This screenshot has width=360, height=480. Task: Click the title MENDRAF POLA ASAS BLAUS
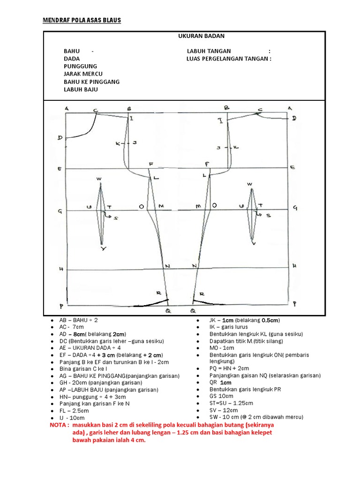[x=82, y=21]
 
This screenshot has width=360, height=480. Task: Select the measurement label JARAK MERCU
[x=83, y=74]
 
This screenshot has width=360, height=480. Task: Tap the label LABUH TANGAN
[x=209, y=51]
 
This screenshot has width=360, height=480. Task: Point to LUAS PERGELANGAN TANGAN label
[x=229, y=59]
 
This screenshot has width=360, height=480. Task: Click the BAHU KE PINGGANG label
[x=92, y=82]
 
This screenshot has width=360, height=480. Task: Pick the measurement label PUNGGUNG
[x=81, y=67]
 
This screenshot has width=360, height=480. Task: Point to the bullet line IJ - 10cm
[x=72, y=418]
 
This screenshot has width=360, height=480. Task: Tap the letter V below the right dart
[x=254, y=244]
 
